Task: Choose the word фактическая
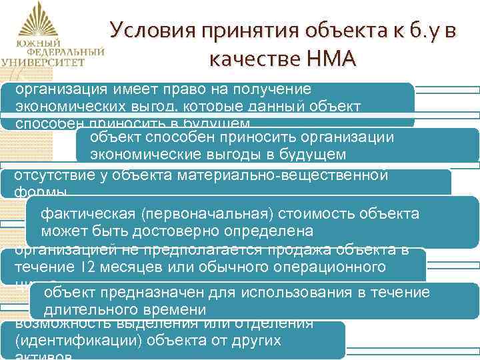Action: [x=87, y=214]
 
